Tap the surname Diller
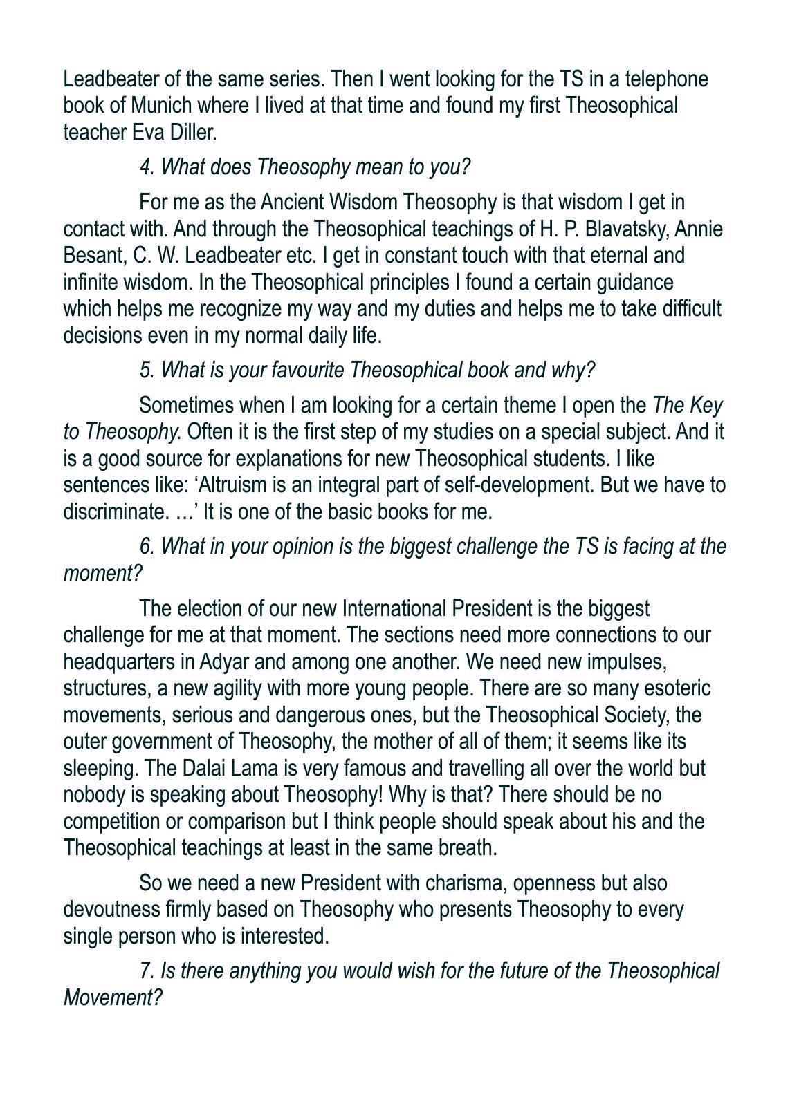tap(193, 132)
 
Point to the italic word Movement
tap(111, 998)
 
